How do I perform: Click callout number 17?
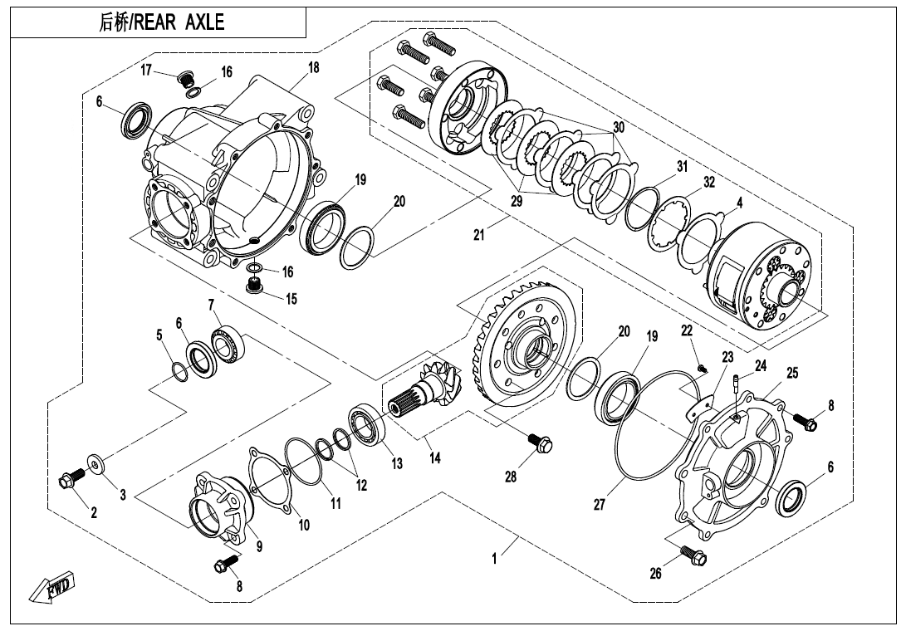pos(146,70)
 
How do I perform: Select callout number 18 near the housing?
pos(313,67)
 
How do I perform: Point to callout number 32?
pos(709,182)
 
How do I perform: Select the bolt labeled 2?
pos(71,477)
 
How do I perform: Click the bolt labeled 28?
pos(541,443)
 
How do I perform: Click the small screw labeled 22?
pos(703,368)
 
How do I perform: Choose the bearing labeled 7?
pos(229,345)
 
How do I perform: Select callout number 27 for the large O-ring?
pos(600,504)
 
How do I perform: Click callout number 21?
pos(479,235)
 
